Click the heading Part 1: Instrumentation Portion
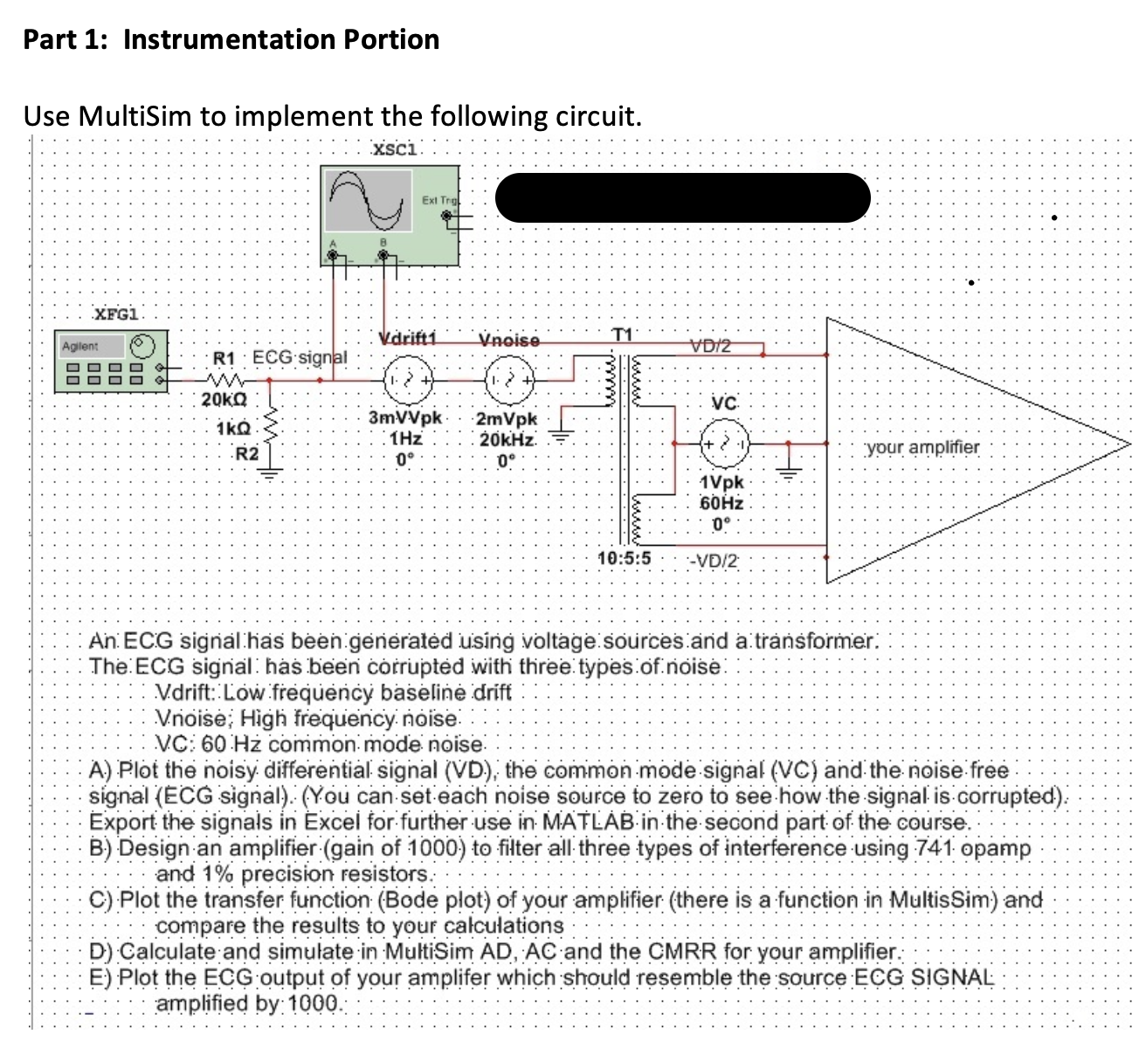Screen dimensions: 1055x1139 [x=231, y=39]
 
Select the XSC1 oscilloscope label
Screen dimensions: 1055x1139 [x=396, y=149]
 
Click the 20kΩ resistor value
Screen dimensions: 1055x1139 [x=224, y=400]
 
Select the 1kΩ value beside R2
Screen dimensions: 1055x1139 [x=233, y=430]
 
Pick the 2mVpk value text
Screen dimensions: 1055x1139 [x=507, y=419]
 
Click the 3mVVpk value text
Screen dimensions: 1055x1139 [x=405, y=418]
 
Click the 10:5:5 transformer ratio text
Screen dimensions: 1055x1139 [x=624, y=559]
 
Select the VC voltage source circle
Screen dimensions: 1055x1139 [x=725, y=444]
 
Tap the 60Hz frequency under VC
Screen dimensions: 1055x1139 [x=721, y=504]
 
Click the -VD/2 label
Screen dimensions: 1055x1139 [x=713, y=561]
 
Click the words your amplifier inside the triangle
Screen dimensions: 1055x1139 [x=922, y=447]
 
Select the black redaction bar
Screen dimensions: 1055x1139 [x=682, y=197]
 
